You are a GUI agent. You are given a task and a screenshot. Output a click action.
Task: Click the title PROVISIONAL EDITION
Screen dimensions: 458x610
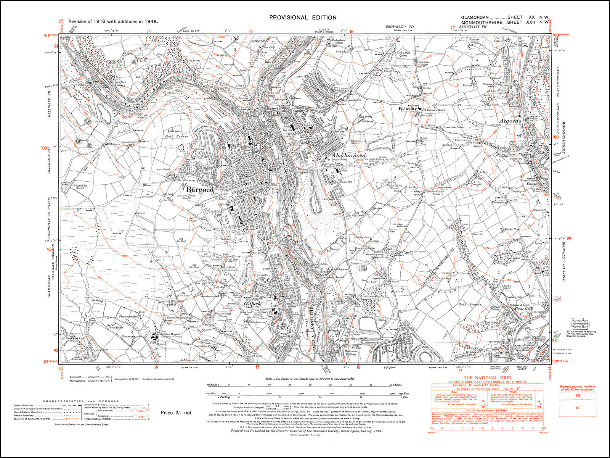point(303,17)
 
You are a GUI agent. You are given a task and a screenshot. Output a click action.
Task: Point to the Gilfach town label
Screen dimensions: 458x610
point(252,303)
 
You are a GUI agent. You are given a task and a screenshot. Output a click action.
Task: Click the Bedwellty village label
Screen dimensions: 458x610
point(408,109)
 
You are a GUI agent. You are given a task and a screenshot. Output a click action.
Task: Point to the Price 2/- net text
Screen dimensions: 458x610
point(176,413)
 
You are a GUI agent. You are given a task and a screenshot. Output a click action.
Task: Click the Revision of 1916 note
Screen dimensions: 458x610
point(113,22)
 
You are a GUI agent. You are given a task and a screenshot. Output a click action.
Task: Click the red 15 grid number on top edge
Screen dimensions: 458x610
point(250,32)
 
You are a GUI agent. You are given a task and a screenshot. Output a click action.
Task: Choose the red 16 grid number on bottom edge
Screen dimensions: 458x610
point(358,368)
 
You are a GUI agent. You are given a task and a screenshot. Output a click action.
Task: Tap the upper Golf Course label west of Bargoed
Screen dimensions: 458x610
point(177,136)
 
